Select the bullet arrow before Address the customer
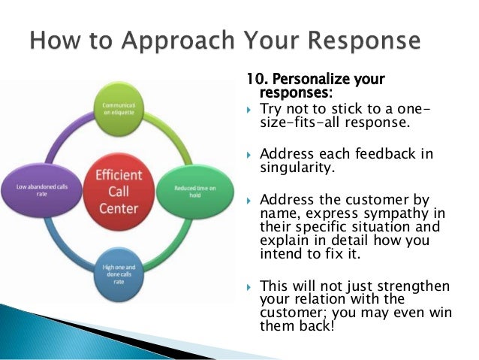pos(250,201)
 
